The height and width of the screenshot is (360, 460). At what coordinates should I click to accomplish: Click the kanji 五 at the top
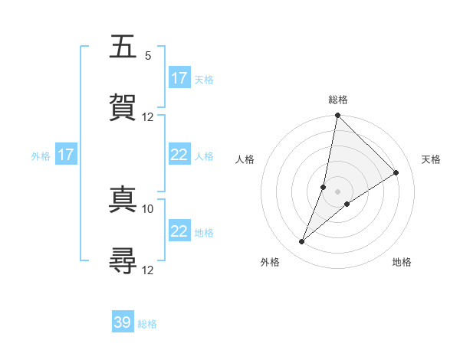123,47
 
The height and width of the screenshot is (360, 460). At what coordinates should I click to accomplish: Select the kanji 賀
123,106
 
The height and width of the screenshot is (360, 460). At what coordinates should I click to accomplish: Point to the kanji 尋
123,260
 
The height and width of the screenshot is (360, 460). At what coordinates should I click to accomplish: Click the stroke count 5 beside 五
148,55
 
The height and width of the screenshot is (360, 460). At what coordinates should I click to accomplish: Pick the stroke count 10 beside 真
148,208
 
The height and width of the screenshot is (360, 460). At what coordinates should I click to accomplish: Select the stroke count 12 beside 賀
148,116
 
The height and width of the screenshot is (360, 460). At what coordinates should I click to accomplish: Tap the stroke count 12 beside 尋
148,270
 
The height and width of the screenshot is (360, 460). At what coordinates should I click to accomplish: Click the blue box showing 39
123,322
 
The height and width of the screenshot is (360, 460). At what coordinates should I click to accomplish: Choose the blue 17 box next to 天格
179,78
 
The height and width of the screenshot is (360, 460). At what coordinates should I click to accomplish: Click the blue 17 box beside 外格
66,155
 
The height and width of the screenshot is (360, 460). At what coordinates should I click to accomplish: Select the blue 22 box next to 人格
179,155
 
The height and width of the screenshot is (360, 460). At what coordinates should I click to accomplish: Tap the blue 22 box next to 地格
179,231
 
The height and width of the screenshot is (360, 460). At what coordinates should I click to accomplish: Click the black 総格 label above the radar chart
337,100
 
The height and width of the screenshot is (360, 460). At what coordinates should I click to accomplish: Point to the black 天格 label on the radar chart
431,159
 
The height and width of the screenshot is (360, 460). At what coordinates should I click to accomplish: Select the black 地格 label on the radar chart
402,262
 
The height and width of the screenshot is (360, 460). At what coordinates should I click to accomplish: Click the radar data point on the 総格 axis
337,116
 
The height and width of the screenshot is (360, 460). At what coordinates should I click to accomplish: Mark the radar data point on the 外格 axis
302,242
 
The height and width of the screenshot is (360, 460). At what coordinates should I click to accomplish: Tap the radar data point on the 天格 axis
396,173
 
